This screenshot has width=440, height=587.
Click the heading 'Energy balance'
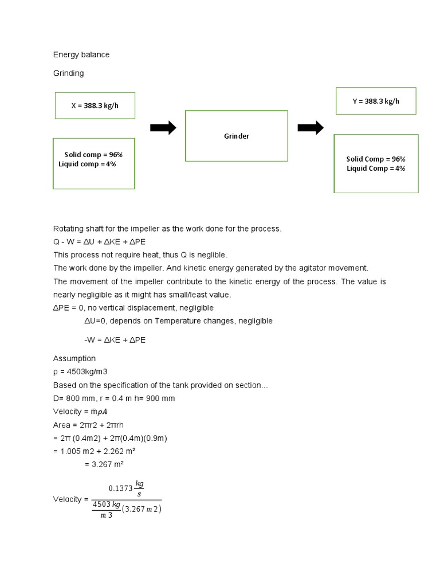click(81, 55)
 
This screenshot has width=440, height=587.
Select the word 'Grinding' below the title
click(68, 73)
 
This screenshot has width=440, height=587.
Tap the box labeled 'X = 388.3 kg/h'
click(95, 105)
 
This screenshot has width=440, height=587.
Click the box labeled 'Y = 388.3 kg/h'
click(376, 101)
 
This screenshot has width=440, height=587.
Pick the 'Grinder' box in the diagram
click(236, 136)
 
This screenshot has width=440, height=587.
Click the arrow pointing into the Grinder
click(163, 128)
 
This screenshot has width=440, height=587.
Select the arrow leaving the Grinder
click(311, 128)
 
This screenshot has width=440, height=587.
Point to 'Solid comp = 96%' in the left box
click(93, 155)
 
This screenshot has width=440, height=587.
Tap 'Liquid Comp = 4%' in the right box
click(376, 169)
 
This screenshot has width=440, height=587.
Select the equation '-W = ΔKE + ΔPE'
click(115, 340)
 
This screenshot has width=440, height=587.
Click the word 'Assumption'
click(74, 358)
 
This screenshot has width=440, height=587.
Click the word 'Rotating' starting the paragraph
click(68, 228)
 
